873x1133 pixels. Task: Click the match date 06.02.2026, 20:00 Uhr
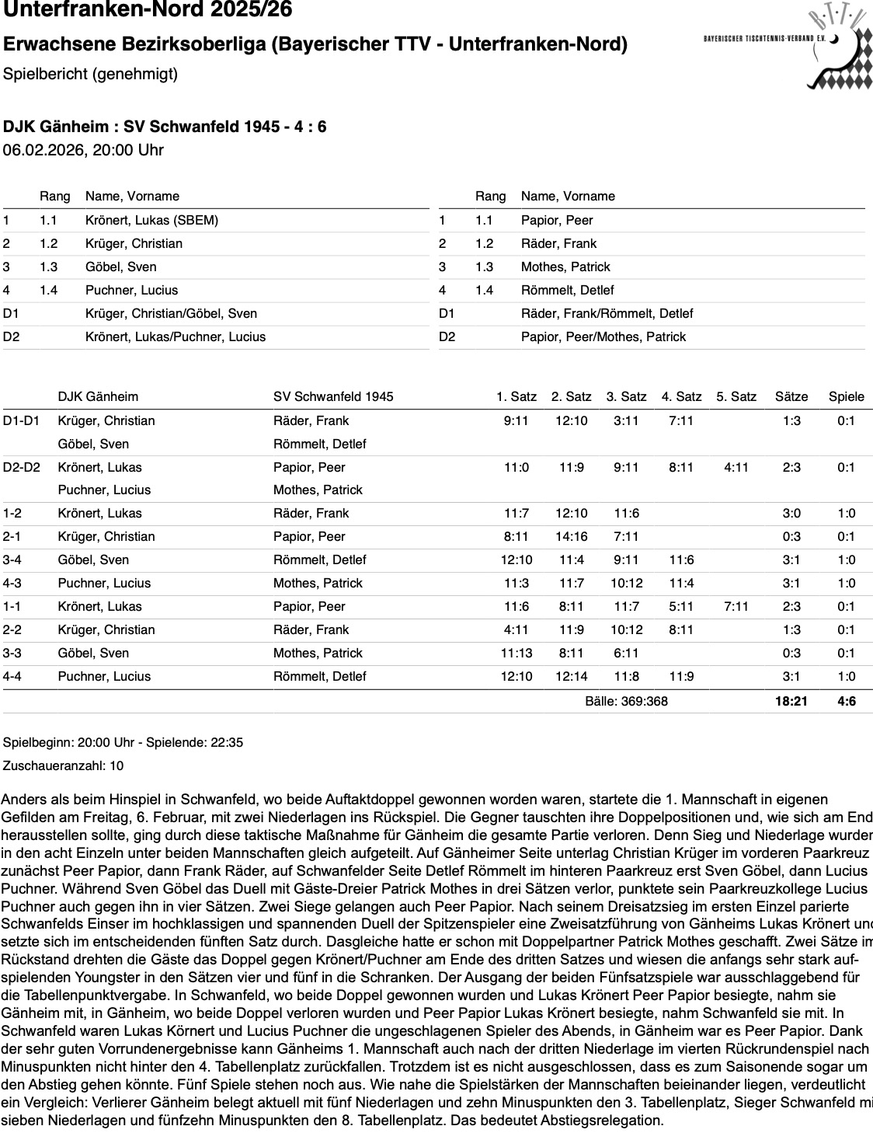pos(83,150)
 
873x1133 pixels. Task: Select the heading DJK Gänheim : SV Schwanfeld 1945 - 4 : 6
pos(165,127)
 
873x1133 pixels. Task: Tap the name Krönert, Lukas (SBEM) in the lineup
pos(151,220)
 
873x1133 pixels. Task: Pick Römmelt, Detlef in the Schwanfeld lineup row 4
pos(567,290)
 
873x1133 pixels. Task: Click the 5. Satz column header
pos(736,396)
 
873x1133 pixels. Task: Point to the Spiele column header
pos(846,396)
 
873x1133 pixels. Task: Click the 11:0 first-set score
pos(516,467)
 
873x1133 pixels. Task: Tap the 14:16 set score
pos(571,536)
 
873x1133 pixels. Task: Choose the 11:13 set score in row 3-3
pos(516,653)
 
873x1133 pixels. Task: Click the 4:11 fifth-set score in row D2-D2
pos(736,467)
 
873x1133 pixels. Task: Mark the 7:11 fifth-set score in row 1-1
pos(736,606)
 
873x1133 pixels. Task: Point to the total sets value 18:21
pos(791,701)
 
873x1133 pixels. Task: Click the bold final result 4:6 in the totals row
pos(846,701)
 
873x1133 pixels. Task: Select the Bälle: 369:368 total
pos(626,701)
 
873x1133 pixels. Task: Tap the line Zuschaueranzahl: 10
pos(63,765)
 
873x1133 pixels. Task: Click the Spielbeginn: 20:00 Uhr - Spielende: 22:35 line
pos(123,742)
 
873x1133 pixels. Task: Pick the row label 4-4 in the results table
pos(12,676)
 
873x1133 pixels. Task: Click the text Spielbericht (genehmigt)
pos(90,74)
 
